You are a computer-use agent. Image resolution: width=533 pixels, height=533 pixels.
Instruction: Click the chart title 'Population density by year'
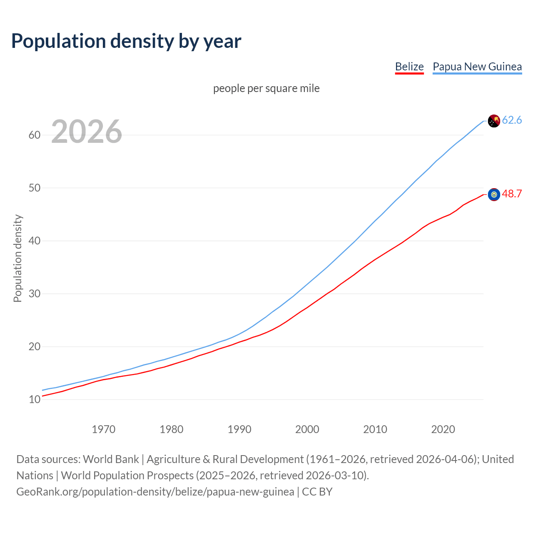point(126,41)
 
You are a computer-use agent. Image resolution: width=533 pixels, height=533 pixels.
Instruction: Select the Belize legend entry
point(409,67)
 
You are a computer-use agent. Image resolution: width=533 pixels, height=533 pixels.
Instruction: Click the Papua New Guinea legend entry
point(477,67)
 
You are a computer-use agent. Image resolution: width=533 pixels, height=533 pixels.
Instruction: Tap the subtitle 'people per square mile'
point(266,88)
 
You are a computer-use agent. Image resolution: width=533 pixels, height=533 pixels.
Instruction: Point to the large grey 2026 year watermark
point(87,132)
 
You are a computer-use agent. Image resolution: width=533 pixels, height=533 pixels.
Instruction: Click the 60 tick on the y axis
point(35,135)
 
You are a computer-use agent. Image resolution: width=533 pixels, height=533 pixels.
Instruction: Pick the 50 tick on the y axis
point(35,188)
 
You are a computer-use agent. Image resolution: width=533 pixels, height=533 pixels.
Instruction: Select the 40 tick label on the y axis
point(35,241)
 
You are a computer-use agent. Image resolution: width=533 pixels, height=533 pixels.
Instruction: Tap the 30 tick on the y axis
point(35,294)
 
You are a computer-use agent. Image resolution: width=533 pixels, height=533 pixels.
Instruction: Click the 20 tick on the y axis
point(35,346)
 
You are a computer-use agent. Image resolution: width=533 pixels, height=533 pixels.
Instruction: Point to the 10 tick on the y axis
point(35,399)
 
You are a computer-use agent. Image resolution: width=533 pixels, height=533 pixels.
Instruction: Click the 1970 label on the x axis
point(103,429)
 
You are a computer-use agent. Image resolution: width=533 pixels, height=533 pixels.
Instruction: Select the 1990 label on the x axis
point(239,429)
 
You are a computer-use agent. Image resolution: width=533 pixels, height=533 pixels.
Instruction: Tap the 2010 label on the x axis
point(375,429)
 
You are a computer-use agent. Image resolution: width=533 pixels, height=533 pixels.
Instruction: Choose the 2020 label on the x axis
point(443,429)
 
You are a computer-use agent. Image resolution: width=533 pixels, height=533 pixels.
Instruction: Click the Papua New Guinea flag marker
point(493,121)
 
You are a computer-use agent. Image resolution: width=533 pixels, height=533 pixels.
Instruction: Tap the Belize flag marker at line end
point(493,194)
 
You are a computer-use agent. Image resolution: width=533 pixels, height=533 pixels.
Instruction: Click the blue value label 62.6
point(512,120)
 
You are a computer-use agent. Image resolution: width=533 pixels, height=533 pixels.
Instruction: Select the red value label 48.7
point(512,194)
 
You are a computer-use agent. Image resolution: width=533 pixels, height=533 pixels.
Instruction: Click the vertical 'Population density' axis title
point(17,258)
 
